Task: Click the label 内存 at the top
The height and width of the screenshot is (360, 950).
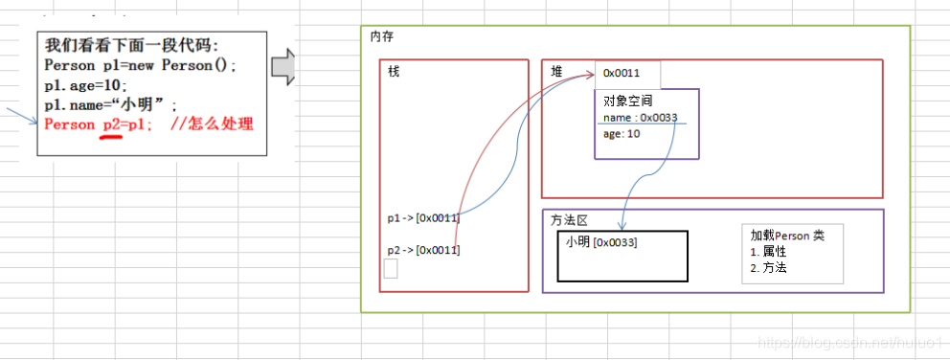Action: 381,36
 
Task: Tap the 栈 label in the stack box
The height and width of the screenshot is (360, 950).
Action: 394,72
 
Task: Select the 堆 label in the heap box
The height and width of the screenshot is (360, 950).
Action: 556,72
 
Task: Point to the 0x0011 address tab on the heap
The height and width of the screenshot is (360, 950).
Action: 622,73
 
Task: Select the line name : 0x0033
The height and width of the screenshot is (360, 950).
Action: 641,117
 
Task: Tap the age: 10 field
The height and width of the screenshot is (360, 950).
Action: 622,134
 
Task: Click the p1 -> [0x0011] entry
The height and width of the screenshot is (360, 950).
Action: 423,217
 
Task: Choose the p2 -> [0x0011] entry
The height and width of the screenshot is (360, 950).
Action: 423,250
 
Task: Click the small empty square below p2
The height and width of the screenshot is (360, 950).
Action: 390,269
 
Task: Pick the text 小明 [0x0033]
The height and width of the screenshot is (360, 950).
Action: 601,242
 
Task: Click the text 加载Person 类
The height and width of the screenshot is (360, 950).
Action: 786,236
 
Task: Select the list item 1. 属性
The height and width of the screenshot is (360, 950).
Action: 768,252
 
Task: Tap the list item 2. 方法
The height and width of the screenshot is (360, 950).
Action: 768,268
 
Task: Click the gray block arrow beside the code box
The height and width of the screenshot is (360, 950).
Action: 284,69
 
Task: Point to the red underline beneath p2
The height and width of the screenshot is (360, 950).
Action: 111,137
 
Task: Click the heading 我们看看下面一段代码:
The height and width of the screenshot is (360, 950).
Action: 128,46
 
